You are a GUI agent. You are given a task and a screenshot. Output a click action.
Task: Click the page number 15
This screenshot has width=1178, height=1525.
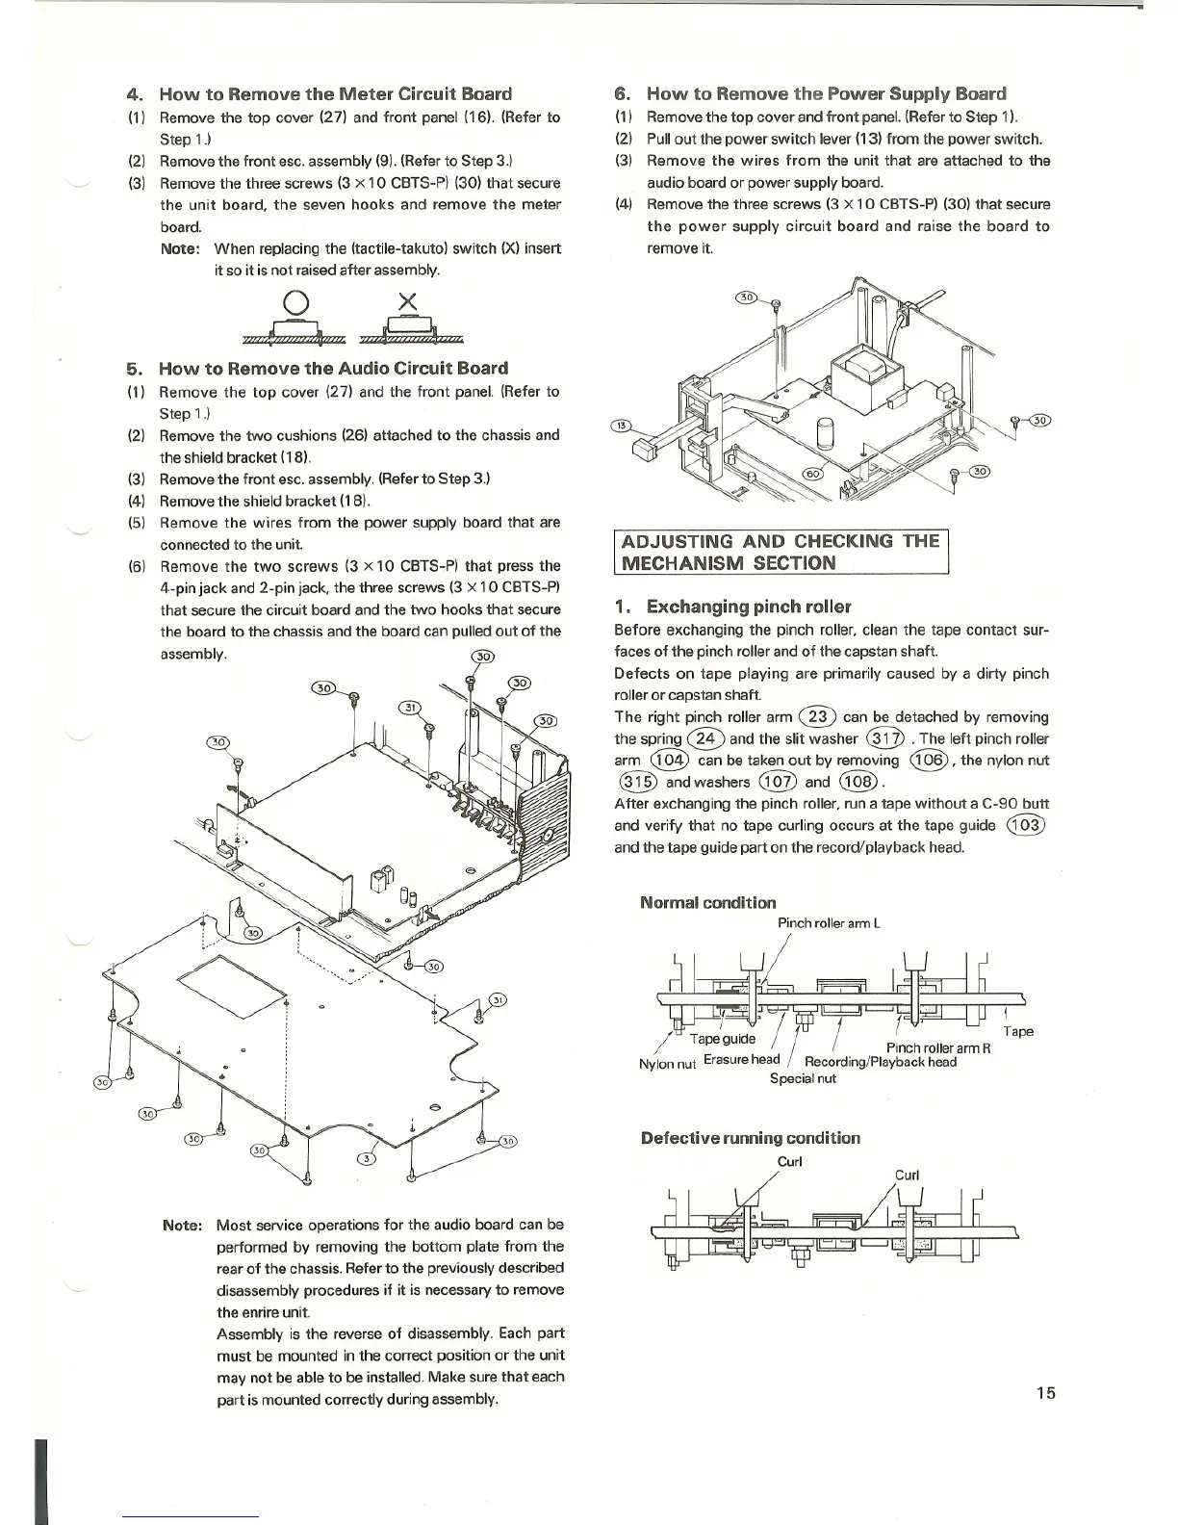click(x=1046, y=1392)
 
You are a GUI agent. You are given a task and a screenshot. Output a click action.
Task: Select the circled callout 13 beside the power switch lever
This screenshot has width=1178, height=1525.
click(x=623, y=426)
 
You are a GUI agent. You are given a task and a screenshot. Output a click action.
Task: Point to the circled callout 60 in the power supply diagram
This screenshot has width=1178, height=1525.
click(x=814, y=473)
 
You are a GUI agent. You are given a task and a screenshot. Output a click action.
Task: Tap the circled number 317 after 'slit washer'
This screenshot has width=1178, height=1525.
click(x=885, y=738)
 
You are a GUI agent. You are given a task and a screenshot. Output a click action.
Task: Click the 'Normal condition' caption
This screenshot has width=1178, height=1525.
click(x=707, y=902)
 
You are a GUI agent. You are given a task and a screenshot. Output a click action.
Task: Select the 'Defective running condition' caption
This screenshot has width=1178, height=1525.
click(x=751, y=1138)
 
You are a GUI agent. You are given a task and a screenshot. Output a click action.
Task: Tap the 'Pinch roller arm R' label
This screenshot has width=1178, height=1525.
click(x=938, y=1047)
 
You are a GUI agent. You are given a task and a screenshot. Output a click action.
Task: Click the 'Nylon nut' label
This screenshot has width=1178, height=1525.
click(x=667, y=1064)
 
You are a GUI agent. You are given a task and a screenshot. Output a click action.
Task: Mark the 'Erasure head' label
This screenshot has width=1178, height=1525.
click(x=741, y=1060)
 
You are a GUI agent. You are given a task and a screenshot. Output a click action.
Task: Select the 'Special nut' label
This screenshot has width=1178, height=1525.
click(x=803, y=1079)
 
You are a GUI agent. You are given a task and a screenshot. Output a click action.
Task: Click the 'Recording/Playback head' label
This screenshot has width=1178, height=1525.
click(x=881, y=1062)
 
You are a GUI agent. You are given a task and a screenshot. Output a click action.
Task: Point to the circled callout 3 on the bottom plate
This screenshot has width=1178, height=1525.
click(x=366, y=1157)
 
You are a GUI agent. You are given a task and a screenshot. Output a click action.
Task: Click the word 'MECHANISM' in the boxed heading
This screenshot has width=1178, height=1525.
click(x=679, y=563)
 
